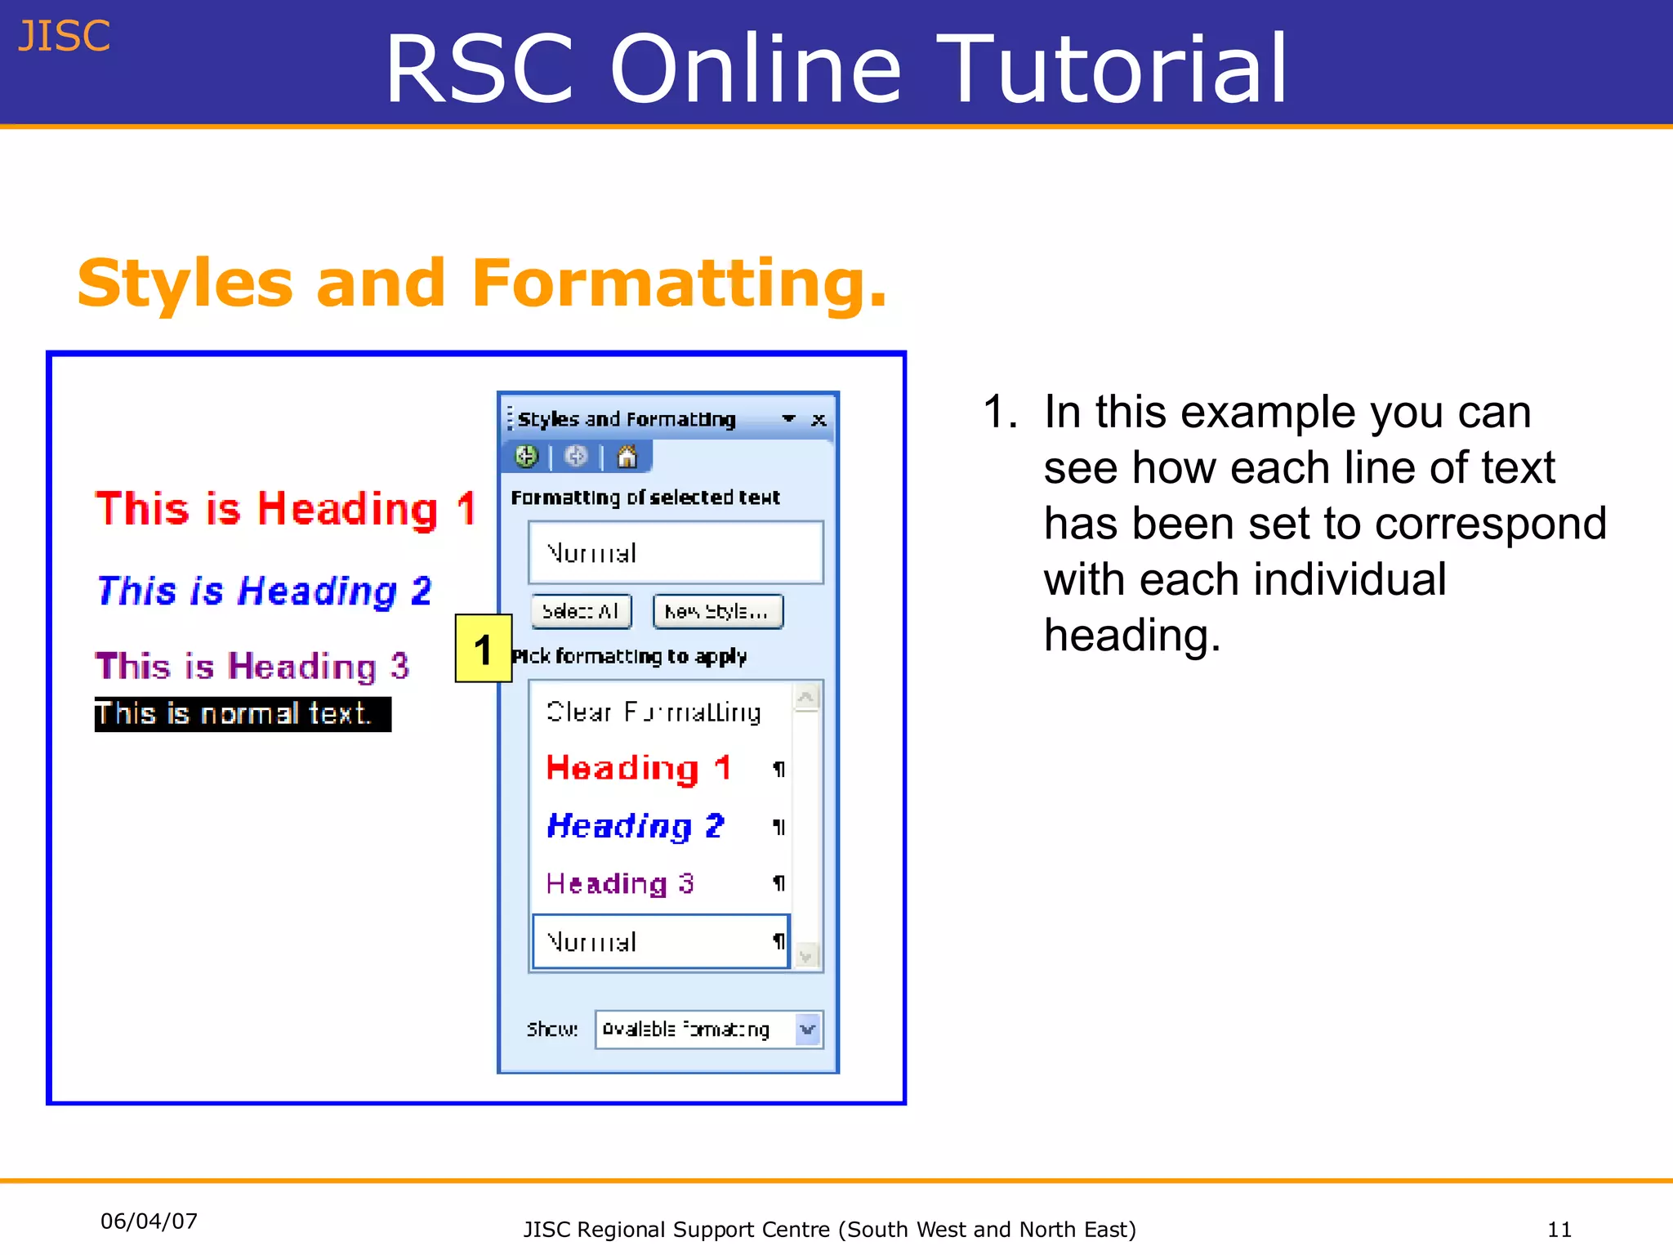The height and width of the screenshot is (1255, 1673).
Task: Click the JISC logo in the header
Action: pyautogui.click(x=64, y=37)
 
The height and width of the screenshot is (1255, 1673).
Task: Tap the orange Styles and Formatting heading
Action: pyautogui.click(x=482, y=283)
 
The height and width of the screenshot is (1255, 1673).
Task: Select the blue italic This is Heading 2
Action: pyautogui.click(x=264, y=591)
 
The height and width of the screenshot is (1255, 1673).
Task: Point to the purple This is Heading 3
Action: pyautogui.click(x=252, y=666)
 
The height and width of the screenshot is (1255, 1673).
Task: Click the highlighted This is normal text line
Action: pyautogui.click(x=242, y=714)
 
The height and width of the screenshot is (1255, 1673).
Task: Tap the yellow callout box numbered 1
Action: pyautogui.click(x=483, y=649)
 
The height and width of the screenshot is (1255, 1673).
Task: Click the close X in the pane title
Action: pyautogui.click(x=819, y=420)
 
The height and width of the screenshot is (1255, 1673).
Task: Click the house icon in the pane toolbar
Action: pyautogui.click(x=627, y=457)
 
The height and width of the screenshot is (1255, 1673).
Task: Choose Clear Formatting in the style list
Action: pyautogui.click(x=654, y=712)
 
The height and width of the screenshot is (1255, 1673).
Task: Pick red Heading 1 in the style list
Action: pyautogui.click(x=638, y=768)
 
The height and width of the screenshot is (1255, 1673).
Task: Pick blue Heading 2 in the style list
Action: pyautogui.click(x=635, y=826)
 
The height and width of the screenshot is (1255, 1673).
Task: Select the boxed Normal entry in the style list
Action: pyautogui.click(x=659, y=942)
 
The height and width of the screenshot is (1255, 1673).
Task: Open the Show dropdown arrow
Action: pyautogui.click(x=808, y=1029)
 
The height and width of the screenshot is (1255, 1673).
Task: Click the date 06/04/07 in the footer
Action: pyautogui.click(x=149, y=1222)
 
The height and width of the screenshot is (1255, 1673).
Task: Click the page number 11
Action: pyautogui.click(x=1559, y=1230)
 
